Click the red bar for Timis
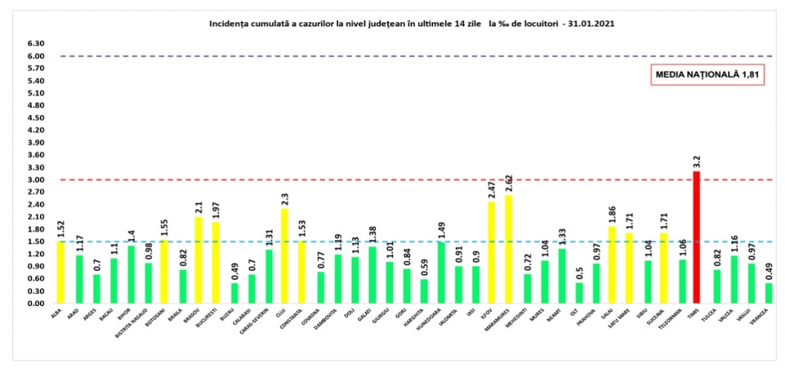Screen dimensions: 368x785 click(x=697, y=238)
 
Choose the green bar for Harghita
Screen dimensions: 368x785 click(x=424, y=291)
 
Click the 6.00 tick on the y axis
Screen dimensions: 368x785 click(x=36, y=56)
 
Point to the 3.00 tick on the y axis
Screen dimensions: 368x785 click(x=36, y=180)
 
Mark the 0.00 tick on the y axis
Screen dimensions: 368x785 click(x=36, y=304)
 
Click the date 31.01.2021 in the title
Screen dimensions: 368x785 click(x=592, y=25)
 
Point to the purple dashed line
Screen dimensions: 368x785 click(x=383, y=56)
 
